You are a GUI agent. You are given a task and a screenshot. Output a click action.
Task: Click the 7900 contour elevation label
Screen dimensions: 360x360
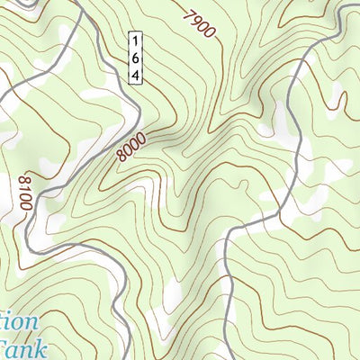click(200, 24)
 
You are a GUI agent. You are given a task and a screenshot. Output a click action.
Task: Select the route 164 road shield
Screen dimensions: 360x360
click(135, 58)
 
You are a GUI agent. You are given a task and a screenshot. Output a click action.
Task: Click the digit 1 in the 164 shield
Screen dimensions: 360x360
click(135, 41)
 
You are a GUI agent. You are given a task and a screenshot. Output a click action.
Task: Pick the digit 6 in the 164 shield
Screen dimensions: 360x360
click(135, 58)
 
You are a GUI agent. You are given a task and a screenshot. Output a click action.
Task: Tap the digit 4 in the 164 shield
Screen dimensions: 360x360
click(135, 74)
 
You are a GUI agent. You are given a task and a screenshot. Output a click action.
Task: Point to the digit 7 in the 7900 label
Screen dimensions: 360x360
click(190, 14)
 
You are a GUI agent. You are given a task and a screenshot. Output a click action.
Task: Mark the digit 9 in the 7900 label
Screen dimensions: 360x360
click(196, 21)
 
